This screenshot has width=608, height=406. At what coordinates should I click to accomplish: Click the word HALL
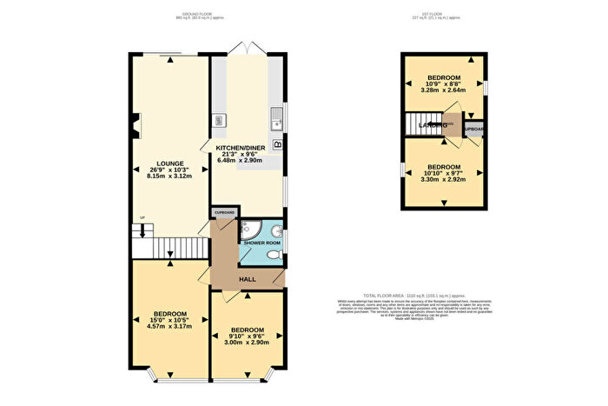(x=248, y=279)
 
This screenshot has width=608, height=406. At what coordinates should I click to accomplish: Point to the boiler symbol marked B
(x=277, y=144)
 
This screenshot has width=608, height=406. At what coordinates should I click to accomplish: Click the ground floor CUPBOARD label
(x=224, y=212)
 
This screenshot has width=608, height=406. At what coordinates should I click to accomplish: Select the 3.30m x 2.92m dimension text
(x=443, y=179)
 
